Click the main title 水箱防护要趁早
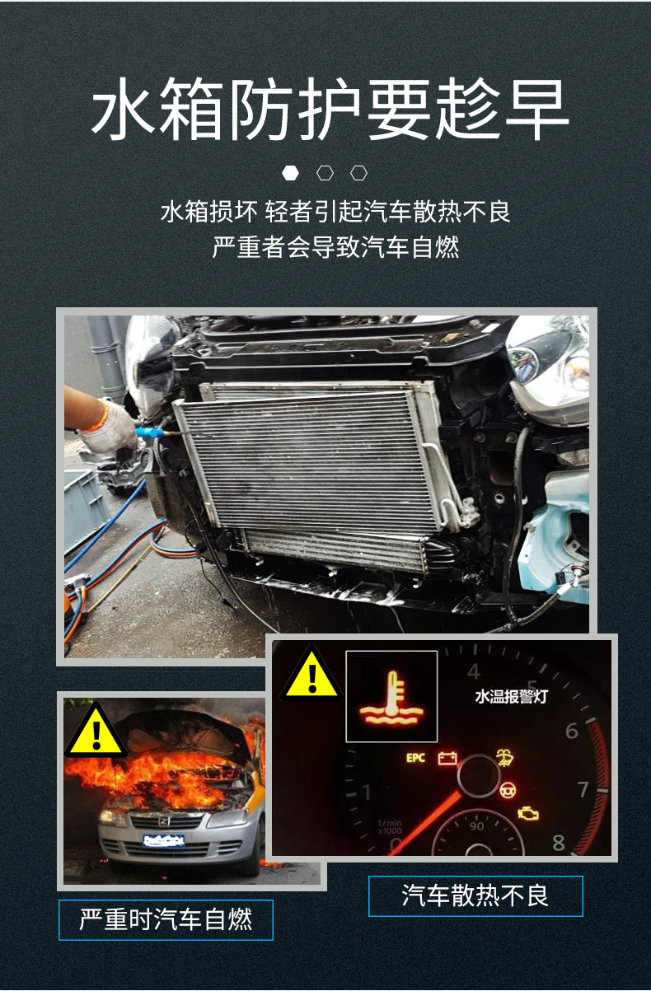click(330, 110)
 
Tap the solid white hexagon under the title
click(290, 173)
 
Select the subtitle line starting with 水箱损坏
click(335, 212)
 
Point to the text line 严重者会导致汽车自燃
click(335, 247)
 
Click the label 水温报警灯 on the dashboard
click(511, 697)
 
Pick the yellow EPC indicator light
click(416, 757)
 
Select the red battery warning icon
click(447, 757)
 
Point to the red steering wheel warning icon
click(506, 791)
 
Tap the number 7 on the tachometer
click(583, 789)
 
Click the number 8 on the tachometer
click(559, 842)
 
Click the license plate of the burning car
click(162, 840)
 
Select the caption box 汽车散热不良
click(475, 895)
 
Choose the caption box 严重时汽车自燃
click(166, 919)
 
